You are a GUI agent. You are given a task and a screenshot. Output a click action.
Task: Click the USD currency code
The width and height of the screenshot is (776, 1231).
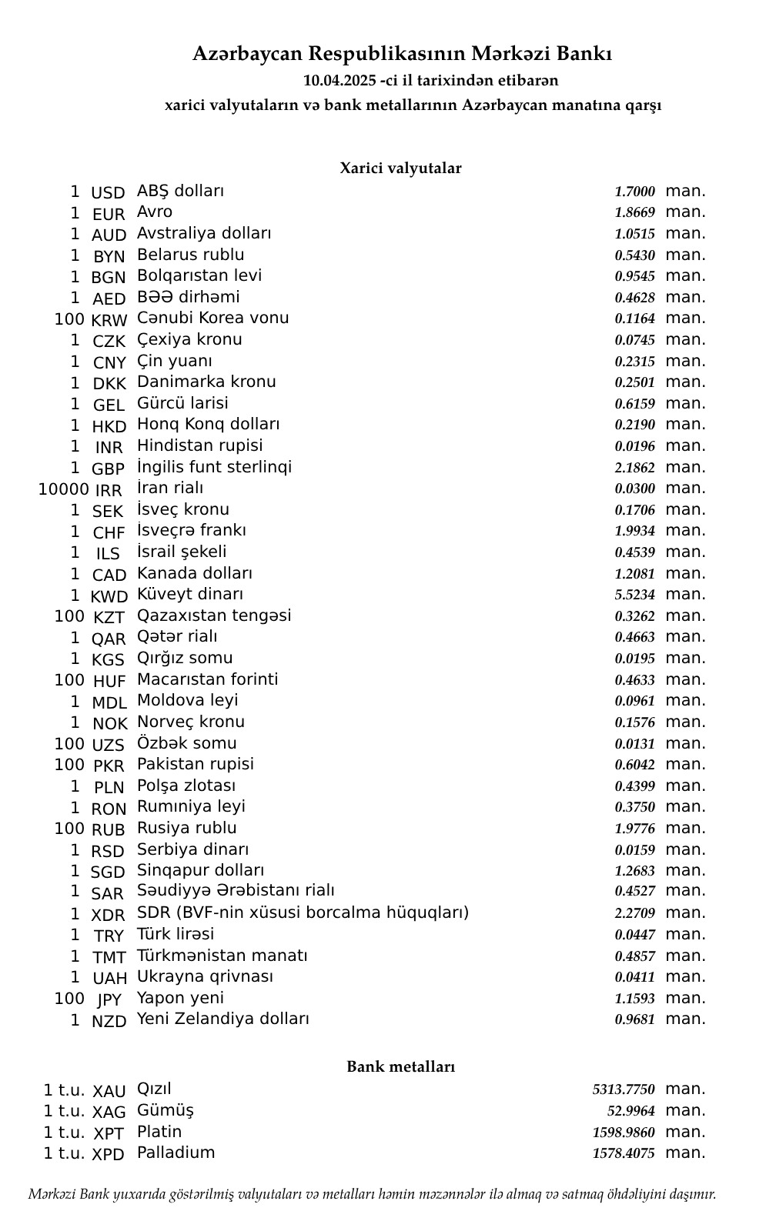pos(108,192)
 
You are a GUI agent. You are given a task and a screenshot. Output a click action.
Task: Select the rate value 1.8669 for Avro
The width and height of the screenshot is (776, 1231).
pos(634,212)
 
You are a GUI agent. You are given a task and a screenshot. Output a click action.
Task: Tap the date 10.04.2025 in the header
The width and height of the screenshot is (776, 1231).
pos(339,80)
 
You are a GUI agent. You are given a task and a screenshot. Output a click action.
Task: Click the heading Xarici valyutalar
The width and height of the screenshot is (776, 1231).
pos(400,168)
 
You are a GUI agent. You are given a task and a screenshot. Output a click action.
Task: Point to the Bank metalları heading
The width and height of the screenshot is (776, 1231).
pos(400,1066)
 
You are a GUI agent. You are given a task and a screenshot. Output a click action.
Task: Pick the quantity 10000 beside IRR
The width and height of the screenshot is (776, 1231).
pos(64,489)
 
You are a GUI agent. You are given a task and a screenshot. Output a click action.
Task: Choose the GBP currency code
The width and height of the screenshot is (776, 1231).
pos(108,469)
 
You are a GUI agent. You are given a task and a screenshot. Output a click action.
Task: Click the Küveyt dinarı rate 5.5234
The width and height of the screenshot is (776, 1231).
pos(634,595)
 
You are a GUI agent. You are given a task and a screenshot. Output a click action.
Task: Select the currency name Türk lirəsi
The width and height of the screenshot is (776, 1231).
pos(176,934)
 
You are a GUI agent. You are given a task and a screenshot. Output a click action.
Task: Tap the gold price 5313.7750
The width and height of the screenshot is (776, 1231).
pos(623,1089)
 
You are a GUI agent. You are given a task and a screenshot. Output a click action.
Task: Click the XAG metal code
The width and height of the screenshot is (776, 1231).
pos(109,1112)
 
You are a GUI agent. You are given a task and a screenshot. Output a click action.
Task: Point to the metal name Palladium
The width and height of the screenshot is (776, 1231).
pos(176,1153)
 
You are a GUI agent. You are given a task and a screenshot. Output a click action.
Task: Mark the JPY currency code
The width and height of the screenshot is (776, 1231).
pos(109,999)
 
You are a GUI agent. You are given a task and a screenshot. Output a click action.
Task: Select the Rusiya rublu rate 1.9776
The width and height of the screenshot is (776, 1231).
pos(634,829)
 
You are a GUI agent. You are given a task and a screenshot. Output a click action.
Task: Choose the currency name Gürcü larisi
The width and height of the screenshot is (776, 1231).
pos(182,403)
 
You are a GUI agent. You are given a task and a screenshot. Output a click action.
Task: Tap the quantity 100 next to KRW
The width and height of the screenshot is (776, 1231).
pos(69,319)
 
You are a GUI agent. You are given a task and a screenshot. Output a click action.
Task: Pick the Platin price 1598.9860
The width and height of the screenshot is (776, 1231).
pos(623,1133)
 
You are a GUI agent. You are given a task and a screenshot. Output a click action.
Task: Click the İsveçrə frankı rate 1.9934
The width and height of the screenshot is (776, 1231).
pos(634,531)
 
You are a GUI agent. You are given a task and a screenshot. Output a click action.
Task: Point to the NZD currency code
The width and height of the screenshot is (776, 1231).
pos(109,1021)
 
